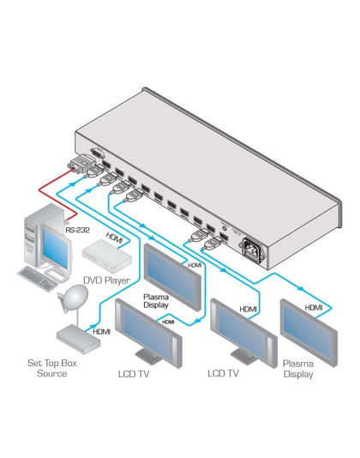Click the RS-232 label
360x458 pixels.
click(78, 229)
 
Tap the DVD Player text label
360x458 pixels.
click(105, 279)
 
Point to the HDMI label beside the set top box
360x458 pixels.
click(101, 331)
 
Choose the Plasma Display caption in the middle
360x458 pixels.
click(159, 301)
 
